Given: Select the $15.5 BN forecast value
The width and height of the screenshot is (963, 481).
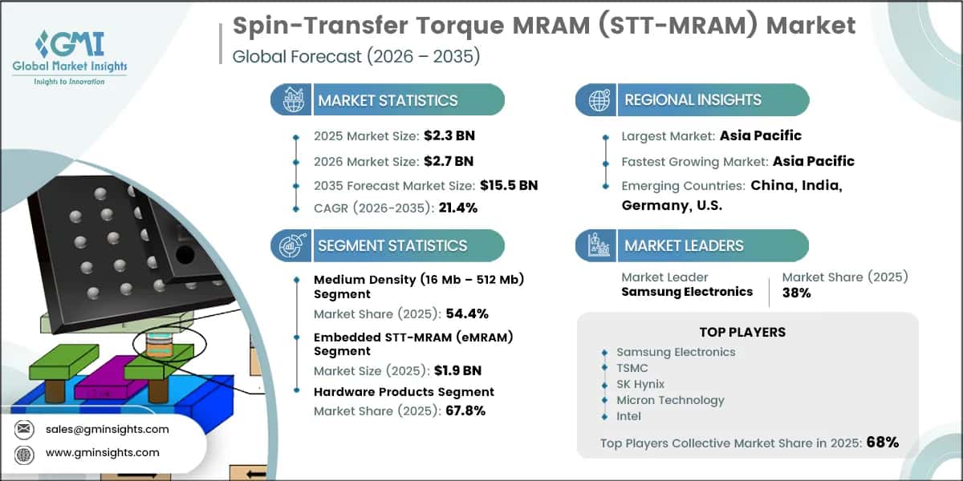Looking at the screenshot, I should (x=509, y=185).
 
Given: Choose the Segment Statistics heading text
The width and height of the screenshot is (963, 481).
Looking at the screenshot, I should (x=392, y=245).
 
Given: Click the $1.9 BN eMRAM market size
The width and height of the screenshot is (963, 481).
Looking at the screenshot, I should (x=465, y=370).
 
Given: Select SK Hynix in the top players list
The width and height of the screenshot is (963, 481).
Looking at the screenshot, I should (x=640, y=384).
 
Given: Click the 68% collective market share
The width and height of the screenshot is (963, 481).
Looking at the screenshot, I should (x=883, y=442).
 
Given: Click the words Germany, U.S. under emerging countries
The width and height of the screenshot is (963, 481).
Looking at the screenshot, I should (x=672, y=205).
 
